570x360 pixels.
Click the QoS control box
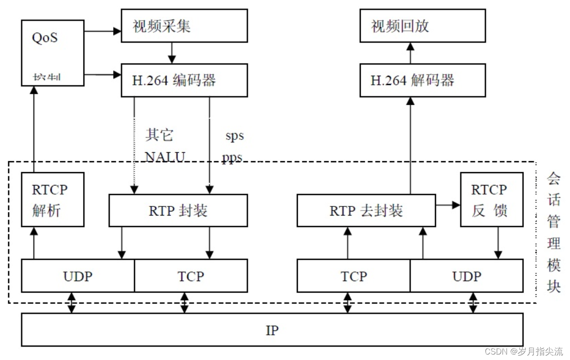coord(52,53)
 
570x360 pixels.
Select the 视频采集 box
coord(184,26)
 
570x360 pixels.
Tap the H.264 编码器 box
coord(184,80)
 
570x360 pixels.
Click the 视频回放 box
coord(422,26)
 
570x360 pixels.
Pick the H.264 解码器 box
coord(422,80)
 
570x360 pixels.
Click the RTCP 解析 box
coord(52,199)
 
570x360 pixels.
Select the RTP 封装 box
coord(178,211)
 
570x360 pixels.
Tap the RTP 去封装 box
coord(366,211)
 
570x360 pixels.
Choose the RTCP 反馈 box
coord(491,199)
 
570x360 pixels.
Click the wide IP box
coord(272,329)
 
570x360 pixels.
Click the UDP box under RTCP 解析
coord(78,276)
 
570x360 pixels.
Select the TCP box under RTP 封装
coord(191,276)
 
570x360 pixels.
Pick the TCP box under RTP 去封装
coord(353,276)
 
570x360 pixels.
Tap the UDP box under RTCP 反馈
coord(466,276)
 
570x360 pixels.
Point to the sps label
coord(234,135)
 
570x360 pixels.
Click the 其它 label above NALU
coord(159,135)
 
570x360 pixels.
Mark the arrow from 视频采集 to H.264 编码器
coord(171,53)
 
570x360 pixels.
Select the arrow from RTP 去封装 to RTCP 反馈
coord(448,205)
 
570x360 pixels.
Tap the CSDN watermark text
coord(523,351)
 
